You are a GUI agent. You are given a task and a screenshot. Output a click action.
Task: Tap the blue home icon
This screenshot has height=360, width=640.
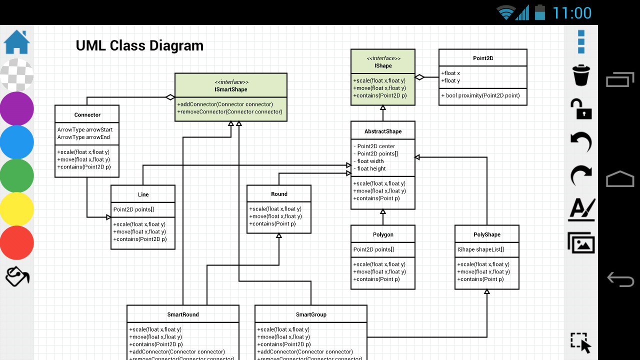17,42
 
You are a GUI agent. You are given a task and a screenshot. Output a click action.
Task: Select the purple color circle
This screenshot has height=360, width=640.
17,108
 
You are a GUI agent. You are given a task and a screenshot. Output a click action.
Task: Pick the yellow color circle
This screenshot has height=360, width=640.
17,209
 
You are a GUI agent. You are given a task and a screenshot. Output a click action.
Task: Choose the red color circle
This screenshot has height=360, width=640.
17,242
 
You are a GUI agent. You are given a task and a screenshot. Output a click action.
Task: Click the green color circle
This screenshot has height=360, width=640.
17,175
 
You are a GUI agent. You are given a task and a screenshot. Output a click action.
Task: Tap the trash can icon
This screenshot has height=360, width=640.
581,75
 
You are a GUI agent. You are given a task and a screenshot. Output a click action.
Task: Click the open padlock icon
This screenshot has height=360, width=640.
581,109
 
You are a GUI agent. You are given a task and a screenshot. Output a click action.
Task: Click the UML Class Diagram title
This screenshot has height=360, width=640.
139,46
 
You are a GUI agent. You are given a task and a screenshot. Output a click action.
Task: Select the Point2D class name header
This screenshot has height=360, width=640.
483,58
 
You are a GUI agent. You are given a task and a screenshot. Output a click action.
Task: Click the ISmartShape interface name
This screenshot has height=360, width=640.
230,89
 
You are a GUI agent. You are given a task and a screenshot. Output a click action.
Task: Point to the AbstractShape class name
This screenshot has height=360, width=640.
383,131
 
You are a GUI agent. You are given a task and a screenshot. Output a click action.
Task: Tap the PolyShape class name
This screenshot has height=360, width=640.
486,234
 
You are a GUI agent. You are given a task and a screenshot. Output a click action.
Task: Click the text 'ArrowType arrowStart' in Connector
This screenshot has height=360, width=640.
85,129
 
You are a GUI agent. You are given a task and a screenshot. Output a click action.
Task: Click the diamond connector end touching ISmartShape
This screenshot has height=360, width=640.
170,97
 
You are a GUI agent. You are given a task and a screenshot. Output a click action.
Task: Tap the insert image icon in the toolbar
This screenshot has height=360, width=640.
581,242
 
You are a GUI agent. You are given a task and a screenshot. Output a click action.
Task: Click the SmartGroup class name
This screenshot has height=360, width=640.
311,314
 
